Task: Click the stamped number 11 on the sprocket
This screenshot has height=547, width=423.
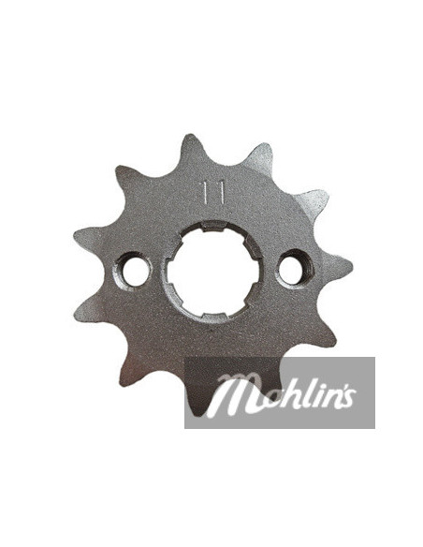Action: tap(213, 192)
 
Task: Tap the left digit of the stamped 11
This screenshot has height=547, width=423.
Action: tap(206, 192)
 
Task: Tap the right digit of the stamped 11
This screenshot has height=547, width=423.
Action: tap(221, 192)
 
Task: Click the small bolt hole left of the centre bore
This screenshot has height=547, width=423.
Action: tap(132, 270)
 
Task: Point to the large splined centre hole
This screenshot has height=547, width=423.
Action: tap(212, 271)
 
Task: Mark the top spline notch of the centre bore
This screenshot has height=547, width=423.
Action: tap(212, 226)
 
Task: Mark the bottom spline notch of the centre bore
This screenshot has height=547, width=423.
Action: tap(214, 316)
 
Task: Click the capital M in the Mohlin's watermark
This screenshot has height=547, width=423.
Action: tap(230, 396)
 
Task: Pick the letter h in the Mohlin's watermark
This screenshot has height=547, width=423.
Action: tap(279, 393)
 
